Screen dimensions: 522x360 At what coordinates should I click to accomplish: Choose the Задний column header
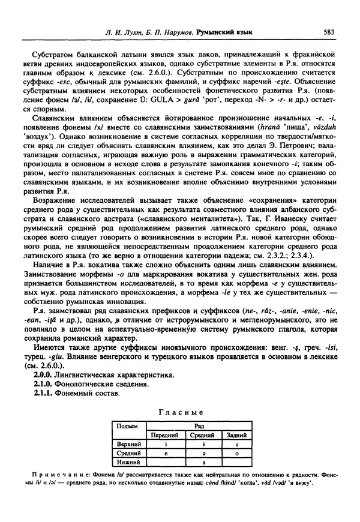pyautogui.click(x=237, y=434)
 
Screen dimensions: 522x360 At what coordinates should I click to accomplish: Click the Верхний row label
pyautogui.click(x=128, y=443)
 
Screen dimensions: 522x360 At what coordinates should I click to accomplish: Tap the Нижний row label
pyautogui.click(x=128, y=463)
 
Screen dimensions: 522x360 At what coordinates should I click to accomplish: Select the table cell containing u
pyautogui.click(x=237, y=443)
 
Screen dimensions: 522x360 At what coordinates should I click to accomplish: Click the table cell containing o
pyautogui.click(x=237, y=453)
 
